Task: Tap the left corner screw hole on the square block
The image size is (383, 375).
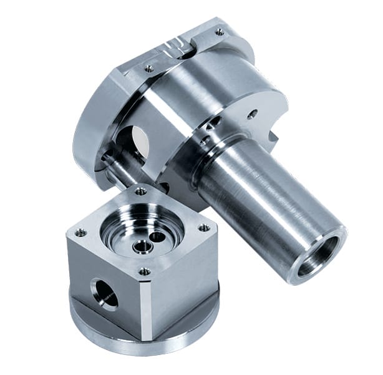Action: coord(80,233)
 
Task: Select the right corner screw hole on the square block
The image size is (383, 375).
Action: coord(203,228)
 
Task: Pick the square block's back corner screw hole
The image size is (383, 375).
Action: coord(141,192)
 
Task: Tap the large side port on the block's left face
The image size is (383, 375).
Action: coord(105,293)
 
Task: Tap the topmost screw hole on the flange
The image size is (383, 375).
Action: coord(220,31)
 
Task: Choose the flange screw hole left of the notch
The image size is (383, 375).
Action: coord(149,69)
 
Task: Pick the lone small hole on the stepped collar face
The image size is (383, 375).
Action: coord(252,114)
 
